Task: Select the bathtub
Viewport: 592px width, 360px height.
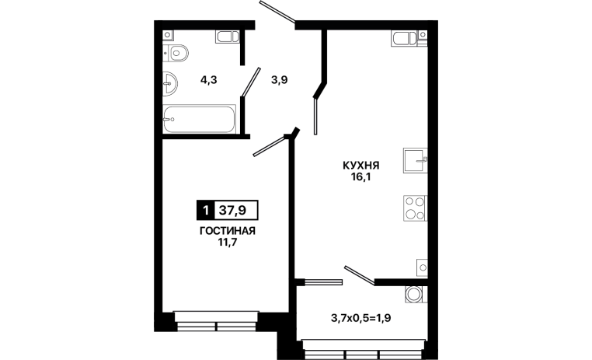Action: pyautogui.click(x=200, y=119)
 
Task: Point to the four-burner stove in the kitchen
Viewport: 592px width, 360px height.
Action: pyautogui.click(x=415, y=208)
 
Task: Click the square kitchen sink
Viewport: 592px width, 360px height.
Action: pyautogui.click(x=416, y=160)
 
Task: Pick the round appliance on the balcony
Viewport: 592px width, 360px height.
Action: pyautogui.click(x=414, y=294)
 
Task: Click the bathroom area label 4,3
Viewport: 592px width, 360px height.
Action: pyautogui.click(x=208, y=80)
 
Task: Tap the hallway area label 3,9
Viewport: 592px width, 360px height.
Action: pyautogui.click(x=280, y=80)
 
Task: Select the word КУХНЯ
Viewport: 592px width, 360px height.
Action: pyautogui.click(x=361, y=166)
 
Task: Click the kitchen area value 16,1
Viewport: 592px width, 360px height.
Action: pyautogui.click(x=361, y=177)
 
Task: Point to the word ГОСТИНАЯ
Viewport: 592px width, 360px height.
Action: pyautogui.click(x=228, y=231)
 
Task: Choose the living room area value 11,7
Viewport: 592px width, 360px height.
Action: pyautogui.click(x=228, y=242)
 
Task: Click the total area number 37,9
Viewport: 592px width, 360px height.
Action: pyautogui.click(x=232, y=210)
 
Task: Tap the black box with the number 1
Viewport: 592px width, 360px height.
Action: pyautogui.click(x=205, y=210)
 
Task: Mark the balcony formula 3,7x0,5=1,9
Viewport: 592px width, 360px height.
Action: pyautogui.click(x=361, y=319)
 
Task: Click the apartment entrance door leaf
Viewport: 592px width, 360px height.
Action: pyautogui.click(x=277, y=11)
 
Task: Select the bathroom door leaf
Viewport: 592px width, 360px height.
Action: pyautogui.click(x=251, y=82)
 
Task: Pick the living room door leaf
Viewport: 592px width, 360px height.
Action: pyautogui.click(x=269, y=146)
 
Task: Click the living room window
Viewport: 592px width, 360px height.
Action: pyautogui.click(x=216, y=321)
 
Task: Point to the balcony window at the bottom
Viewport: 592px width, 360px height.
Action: pyautogui.click(x=363, y=349)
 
